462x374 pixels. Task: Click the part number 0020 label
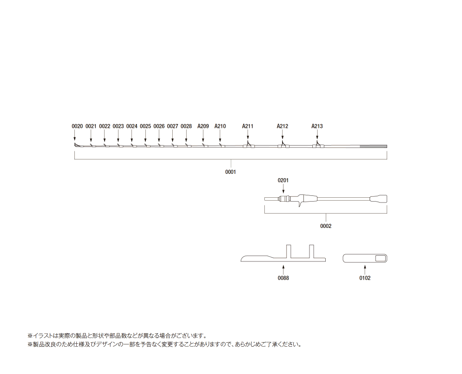pos(77,126)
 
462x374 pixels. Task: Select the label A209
pos(203,126)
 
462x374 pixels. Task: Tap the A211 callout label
pos(248,126)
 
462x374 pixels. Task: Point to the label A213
pos(317,126)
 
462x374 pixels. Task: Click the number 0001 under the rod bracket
pos(231,172)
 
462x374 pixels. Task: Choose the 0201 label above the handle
pos(283,180)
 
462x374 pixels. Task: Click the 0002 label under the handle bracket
pos(326,226)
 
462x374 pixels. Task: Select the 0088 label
pos(283,278)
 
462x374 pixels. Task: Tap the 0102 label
pos(365,278)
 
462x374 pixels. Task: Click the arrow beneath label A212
pos(283,135)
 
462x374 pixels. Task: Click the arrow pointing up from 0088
pos(283,270)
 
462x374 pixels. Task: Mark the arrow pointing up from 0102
pos(365,270)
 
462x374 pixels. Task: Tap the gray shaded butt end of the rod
pos(373,147)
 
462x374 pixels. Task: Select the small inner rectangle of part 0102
pos(380,258)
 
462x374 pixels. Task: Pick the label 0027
pos(173,126)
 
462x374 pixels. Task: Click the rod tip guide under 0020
pos(77,145)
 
